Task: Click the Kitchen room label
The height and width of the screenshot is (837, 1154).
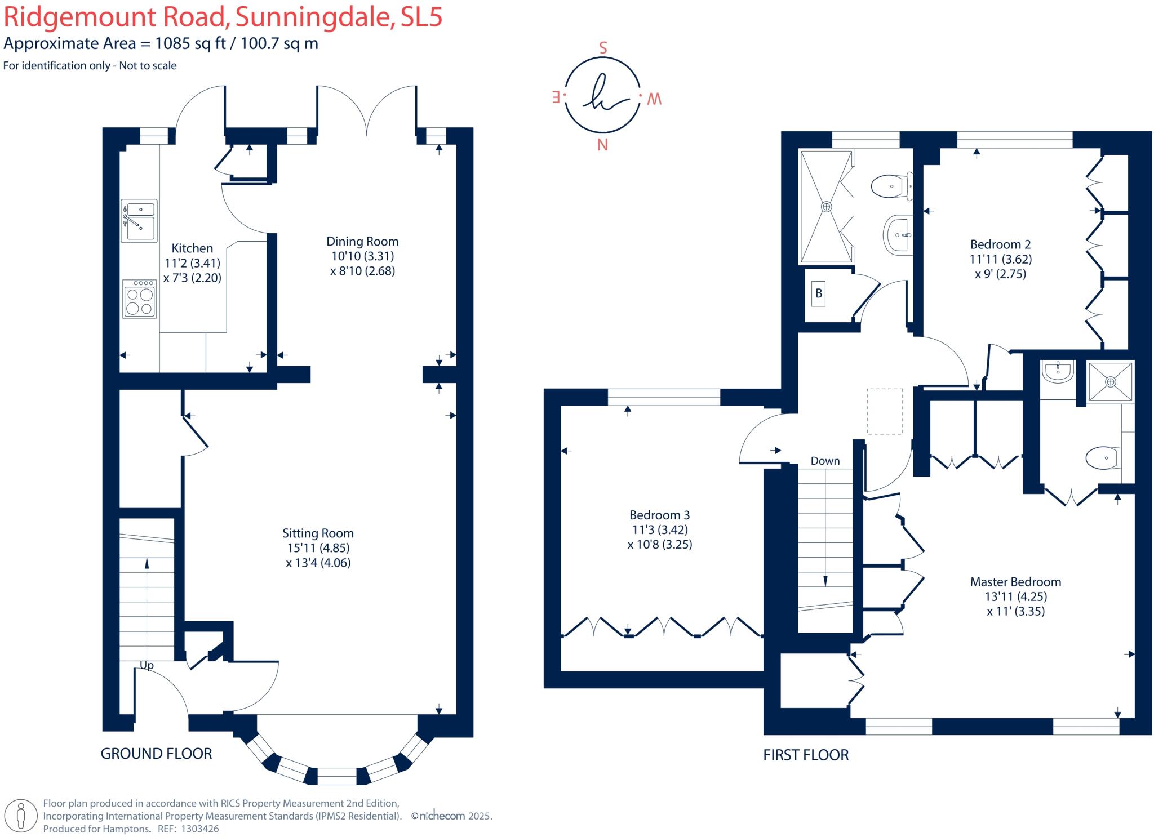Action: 192,248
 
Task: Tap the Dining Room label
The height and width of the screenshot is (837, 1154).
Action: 362,242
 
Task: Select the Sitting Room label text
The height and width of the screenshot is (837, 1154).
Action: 318,533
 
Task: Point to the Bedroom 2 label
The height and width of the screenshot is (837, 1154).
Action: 1000,244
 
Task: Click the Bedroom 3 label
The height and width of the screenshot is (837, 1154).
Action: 659,515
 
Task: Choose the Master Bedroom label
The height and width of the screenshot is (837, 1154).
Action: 1015,582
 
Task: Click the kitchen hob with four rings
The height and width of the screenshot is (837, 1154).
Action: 139,299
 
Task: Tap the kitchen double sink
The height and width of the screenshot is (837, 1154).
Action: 139,220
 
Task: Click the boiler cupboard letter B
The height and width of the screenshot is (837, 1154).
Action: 819,293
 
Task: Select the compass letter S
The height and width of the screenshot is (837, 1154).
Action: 603,48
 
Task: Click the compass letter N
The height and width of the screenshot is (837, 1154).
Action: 602,145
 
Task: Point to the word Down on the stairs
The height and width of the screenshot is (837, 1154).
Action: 825,461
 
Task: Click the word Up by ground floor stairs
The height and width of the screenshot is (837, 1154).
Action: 147,665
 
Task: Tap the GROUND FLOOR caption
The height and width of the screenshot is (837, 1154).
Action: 156,754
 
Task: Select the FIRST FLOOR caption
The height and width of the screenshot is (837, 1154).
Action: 806,755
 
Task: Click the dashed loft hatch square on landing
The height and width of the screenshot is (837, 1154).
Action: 885,411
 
